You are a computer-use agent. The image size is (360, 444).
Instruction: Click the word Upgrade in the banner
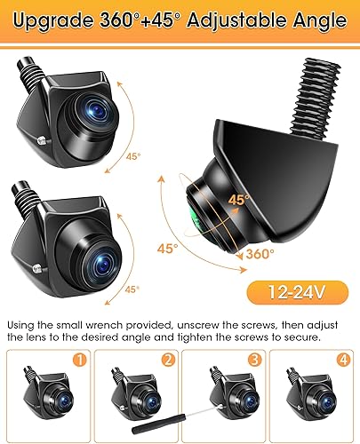point(53,21)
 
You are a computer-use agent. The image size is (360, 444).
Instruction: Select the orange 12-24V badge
point(298,293)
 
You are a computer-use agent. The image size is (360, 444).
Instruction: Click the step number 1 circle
point(79,360)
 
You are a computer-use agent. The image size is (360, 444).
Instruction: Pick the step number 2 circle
point(168,360)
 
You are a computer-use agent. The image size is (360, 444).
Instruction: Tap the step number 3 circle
point(255,360)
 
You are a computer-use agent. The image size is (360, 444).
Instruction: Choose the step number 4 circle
point(343,360)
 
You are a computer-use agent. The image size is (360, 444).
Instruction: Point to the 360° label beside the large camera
point(260,254)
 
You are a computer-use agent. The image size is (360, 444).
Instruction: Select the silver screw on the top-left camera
point(44,139)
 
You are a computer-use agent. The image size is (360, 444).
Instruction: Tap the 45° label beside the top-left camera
point(133,156)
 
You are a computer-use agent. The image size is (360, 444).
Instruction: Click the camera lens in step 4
point(326,402)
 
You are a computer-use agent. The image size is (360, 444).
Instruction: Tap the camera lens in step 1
point(64,402)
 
